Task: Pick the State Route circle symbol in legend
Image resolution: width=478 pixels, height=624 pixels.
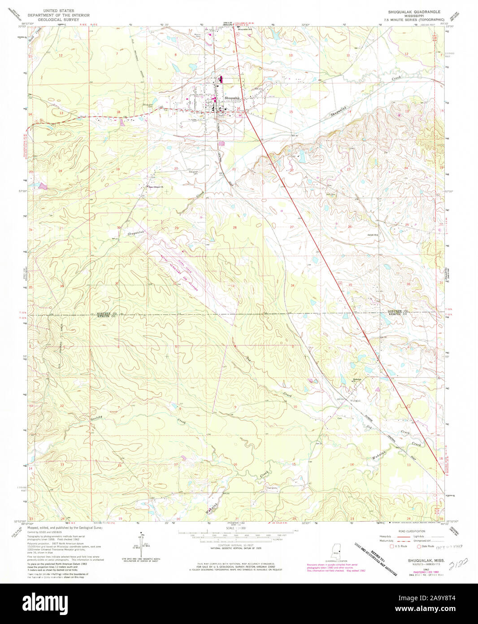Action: click(x=419, y=546)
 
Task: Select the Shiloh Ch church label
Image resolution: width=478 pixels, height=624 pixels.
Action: click(x=373, y=234)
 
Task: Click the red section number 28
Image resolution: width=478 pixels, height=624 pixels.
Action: click(x=234, y=228)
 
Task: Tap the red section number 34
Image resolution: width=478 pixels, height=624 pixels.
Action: click(x=292, y=285)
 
